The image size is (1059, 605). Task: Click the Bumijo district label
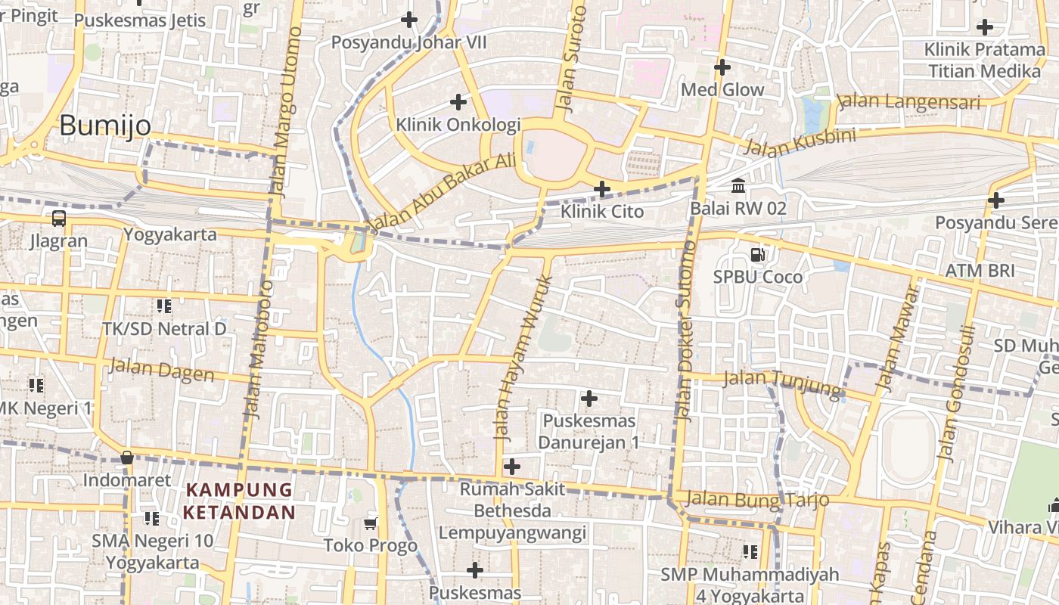105,125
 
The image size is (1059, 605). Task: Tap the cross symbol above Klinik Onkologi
458,101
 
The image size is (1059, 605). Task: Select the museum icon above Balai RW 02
738,185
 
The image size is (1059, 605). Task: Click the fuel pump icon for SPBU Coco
757,256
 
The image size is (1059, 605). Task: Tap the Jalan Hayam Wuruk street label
523,358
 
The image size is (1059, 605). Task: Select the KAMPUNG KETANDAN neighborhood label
239,501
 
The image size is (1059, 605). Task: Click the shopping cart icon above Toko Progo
371,523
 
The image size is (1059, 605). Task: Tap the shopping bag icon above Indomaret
127,458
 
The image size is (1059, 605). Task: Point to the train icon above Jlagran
58,219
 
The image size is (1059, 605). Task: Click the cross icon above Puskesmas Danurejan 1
589,398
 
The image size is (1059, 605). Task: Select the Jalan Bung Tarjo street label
756,499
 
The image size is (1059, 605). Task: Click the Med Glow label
722,89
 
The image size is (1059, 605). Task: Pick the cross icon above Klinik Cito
602,188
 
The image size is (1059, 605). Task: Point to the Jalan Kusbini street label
800,141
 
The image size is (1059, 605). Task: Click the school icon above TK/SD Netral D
163,306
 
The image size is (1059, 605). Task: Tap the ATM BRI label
980,270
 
